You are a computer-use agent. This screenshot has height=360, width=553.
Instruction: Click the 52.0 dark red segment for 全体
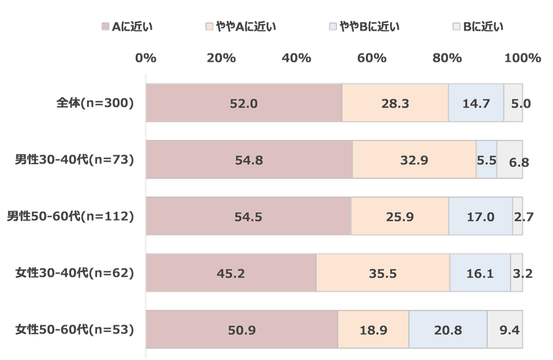click(244, 103)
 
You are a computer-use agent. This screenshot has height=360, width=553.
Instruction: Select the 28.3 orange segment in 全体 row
click(395, 103)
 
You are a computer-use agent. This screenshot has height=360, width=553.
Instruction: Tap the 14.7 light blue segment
click(476, 103)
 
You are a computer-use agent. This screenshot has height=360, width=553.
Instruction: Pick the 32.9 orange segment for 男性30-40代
click(414, 159)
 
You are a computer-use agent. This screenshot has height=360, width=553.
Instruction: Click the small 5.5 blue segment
click(486, 159)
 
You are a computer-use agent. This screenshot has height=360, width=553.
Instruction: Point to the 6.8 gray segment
click(510, 159)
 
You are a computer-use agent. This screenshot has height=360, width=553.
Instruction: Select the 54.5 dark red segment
click(248, 216)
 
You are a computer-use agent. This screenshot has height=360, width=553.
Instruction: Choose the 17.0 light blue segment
click(480, 216)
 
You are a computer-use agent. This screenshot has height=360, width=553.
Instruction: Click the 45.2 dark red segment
click(231, 272)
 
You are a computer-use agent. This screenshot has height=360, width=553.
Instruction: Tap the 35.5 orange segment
click(382, 272)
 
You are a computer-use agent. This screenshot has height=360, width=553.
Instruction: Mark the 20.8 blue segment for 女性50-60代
click(447, 329)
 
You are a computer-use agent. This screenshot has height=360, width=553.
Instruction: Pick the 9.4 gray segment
click(505, 329)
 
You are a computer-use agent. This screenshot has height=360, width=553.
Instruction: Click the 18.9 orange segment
click(373, 329)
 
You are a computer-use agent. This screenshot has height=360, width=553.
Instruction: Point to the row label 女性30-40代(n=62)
click(75, 272)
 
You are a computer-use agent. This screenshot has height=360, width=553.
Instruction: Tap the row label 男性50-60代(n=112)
click(71, 216)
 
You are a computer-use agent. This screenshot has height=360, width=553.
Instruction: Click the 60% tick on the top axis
click(371, 58)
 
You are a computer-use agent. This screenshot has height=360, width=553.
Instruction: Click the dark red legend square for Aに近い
click(105, 26)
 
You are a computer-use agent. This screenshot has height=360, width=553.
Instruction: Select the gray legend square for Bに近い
click(456, 26)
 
